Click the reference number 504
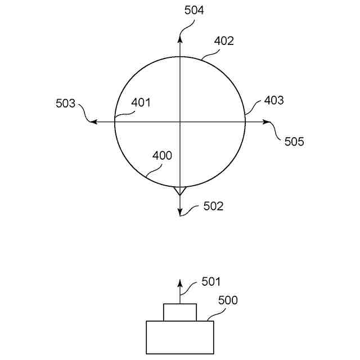(194, 11)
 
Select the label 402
(224, 41)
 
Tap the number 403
(274, 100)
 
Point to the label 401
(141, 102)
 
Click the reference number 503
(65, 103)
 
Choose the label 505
(294, 142)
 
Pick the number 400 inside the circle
(162, 156)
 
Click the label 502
(213, 206)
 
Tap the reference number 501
(211, 282)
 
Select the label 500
(228, 300)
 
